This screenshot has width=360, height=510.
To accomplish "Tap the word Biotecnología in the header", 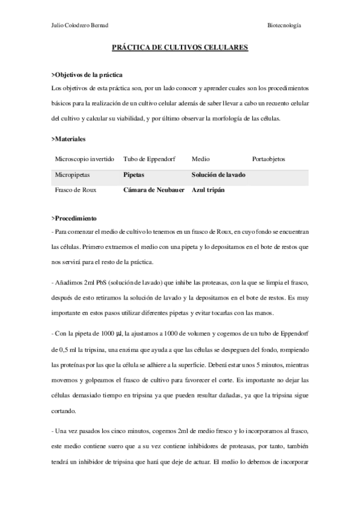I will (x=284, y=26).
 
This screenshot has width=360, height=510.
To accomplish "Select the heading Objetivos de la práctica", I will (x=88, y=75).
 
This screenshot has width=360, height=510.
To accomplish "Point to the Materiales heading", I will (x=69, y=139).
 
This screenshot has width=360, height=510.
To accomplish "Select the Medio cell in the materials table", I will (x=201, y=160).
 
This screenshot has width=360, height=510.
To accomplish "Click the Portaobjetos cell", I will (x=269, y=160).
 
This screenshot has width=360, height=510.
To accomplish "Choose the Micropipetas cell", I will (x=74, y=175).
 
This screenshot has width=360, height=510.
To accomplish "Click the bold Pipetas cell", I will (x=135, y=175).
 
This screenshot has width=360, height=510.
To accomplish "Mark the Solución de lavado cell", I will (x=218, y=175).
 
